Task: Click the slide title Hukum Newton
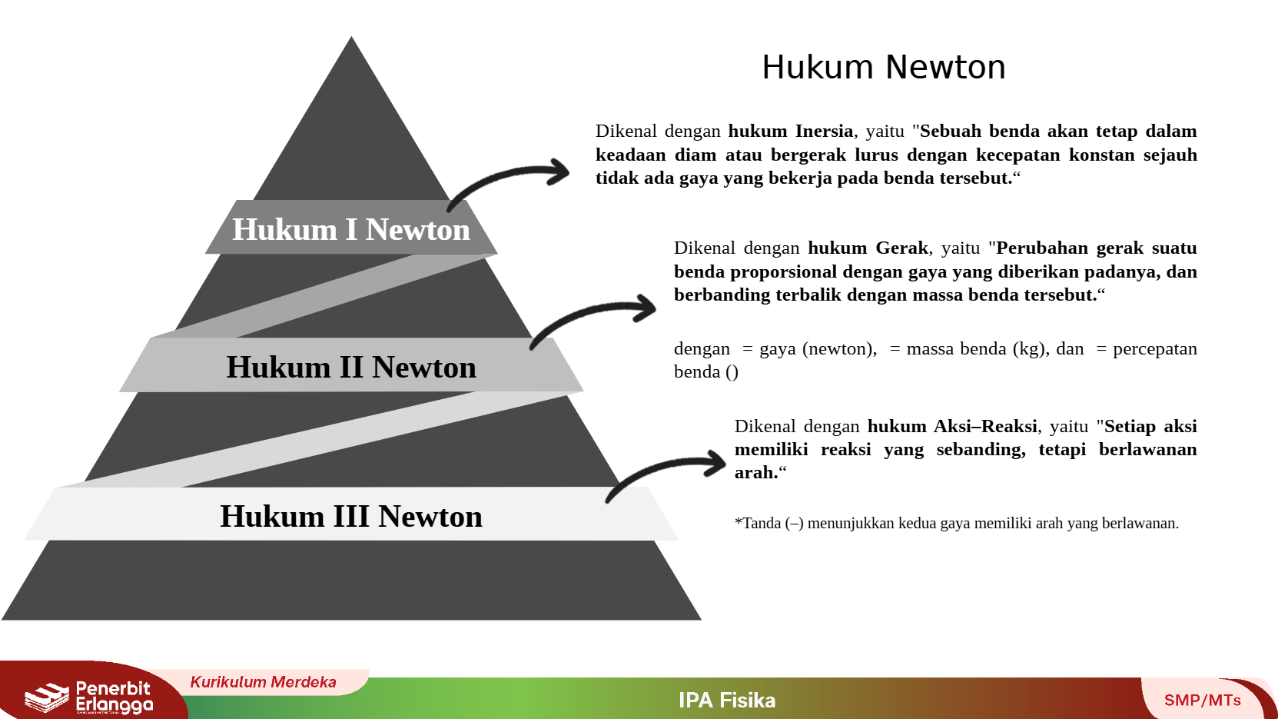tap(884, 68)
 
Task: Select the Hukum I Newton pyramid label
tap(351, 230)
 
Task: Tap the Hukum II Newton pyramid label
tap(351, 368)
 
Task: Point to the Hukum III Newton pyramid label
tap(351, 516)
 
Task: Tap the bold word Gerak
tap(902, 248)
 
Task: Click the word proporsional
tap(783, 272)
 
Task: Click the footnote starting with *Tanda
tap(957, 523)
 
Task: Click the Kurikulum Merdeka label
tap(263, 682)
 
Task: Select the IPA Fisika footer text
tap(727, 700)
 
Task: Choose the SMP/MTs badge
tap(1202, 700)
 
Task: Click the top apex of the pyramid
tap(351, 37)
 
